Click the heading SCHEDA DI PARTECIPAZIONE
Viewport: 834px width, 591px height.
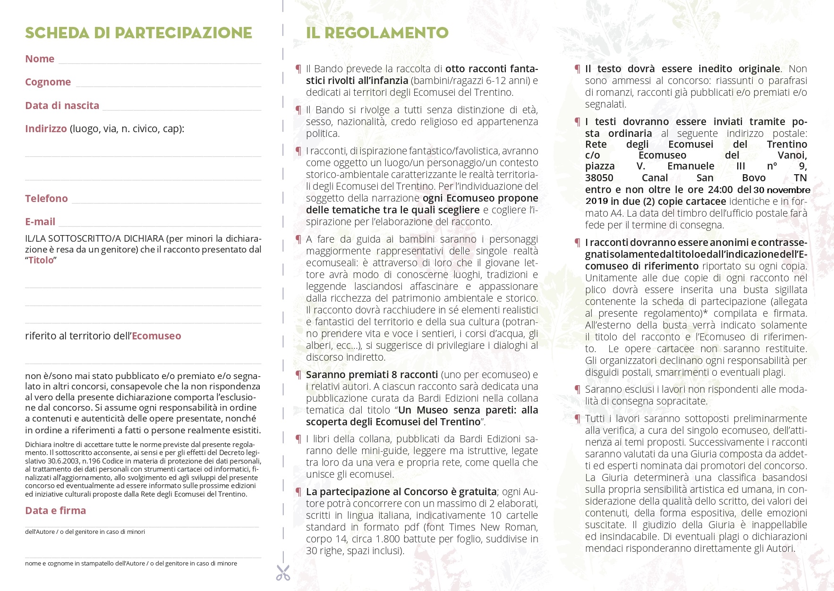pyautogui.click(x=138, y=33)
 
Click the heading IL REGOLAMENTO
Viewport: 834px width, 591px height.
pyautogui.click(x=377, y=33)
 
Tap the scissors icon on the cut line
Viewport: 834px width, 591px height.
pyautogui.click(x=283, y=573)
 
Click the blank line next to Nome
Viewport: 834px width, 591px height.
pyautogui.click(x=160, y=60)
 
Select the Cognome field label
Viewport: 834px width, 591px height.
pyautogui.click(x=48, y=82)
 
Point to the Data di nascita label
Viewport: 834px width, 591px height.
pyautogui.click(x=62, y=106)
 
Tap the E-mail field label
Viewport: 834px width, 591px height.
pyautogui.click(x=40, y=222)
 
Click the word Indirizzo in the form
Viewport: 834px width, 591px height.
pyautogui.click(x=46, y=129)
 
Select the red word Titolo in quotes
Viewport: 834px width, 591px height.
pyautogui.click(x=41, y=260)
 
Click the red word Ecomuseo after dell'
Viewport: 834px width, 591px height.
pyautogui.click(x=156, y=336)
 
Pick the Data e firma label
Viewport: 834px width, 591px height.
pyautogui.click(x=55, y=511)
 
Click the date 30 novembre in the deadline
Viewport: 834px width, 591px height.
pyautogui.click(x=782, y=190)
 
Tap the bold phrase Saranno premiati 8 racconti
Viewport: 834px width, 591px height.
pyautogui.click(x=372, y=375)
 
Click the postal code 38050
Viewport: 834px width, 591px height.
pyautogui.click(x=599, y=178)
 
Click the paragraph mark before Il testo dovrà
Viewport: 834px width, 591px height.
pyautogui.click(x=577, y=69)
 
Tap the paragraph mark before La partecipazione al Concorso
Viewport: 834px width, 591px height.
pyautogui.click(x=298, y=492)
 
